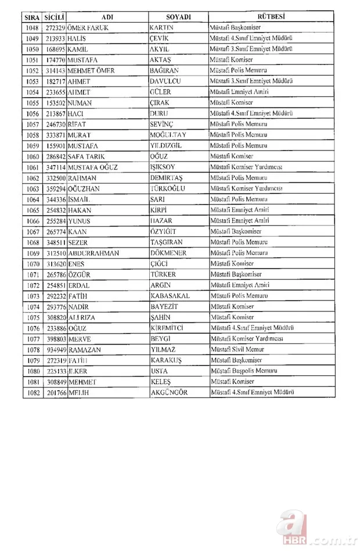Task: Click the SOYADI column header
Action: click(178, 17)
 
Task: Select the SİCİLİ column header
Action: click(55, 17)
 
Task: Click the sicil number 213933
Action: click(55, 38)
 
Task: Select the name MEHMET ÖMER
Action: click(91, 70)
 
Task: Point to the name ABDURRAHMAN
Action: click(95, 253)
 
